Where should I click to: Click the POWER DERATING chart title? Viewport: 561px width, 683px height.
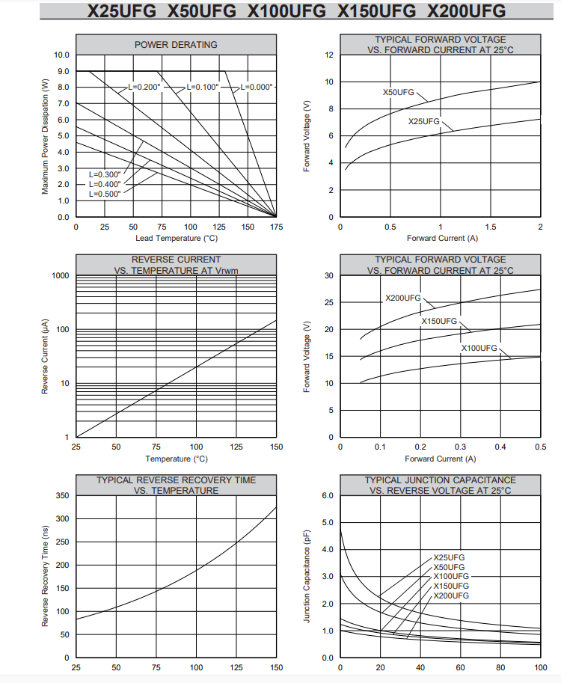pyautogui.click(x=176, y=44)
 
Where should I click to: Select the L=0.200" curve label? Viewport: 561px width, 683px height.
pyautogui.click(x=144, y=87)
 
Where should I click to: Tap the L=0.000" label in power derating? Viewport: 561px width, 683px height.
pyautogui.click(x=257, y=87)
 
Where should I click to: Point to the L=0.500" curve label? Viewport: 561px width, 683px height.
pyautogui.click(x=105, y=194)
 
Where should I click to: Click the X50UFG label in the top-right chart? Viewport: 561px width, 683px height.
pyautogui.click(x=399, y=92)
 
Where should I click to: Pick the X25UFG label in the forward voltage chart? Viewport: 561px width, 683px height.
pyautogui.click(x=424, y=121)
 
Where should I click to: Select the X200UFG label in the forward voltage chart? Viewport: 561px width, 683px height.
pyautogui.click(x=403, y=298)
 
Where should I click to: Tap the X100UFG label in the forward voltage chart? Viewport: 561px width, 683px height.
pyautogui.click(x=479, y=348)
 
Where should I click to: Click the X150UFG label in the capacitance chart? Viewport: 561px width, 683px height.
pyautogui.click(x=451, y=586)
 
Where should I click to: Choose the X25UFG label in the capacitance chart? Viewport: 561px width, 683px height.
pyautogui.click(x=449, y=557)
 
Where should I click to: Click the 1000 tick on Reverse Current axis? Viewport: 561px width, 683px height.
pyautogui.click(x=61, y=275)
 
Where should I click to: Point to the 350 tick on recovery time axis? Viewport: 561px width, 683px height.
pyautogui.click(x=62, y=495)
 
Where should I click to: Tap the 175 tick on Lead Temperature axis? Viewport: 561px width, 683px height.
pyautogui.click(x=276, y=227)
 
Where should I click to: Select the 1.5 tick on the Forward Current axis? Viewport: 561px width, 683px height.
pyautogui.click(x=491, y=227)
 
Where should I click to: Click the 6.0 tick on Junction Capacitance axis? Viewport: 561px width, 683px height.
pyautogui.click(x=328, y=495)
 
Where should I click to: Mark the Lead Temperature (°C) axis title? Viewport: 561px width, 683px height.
pyautogui.click(x=177, y=239)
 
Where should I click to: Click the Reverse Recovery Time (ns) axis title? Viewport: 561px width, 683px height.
pyautogui.click(x=45, y=576)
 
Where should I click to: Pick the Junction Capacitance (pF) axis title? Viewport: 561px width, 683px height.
pyautogui.click(x=307, y=576)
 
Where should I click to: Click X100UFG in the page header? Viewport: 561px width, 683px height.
pyautogui.click(x=286, y=10)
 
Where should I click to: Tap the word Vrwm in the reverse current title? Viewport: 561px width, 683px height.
pyautogui.click(x=227, y=271)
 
